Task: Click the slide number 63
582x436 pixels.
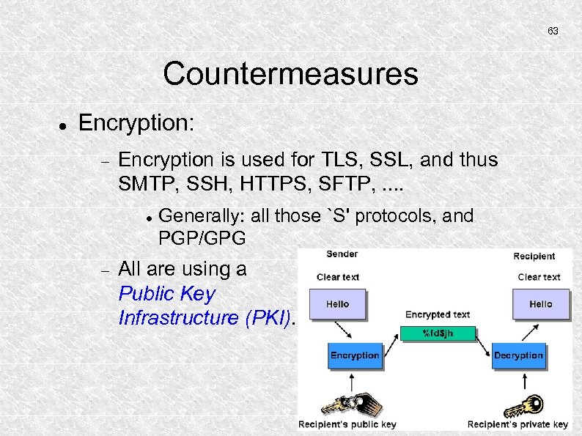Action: [x=553, y=32]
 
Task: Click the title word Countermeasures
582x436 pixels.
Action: [x=290, y=74]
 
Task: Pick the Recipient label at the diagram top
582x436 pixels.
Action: [x=534, y=256]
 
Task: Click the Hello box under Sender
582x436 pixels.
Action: [x=337, y=304]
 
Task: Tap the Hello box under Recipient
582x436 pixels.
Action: [x=540, y=304]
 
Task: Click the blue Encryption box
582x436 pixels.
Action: [x=355, y=355]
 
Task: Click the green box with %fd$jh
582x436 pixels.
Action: [x=438, y=333]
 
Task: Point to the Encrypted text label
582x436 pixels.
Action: [x=438, y=314]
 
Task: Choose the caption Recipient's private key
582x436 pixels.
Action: [x=517, y=424]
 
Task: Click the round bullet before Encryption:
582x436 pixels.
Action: [x=63, y=125]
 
